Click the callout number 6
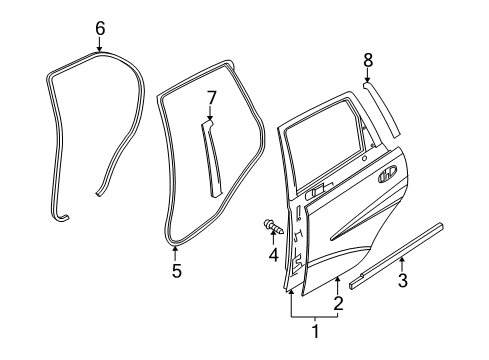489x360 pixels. pyautogui.click(x=100, y=29)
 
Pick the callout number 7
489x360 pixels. pyautogui.click(x=211, y=96)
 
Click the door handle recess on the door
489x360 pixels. pyautogui.click(x=387, y=179)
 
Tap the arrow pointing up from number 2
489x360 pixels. pyautogui.click(x=338, y=286)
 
